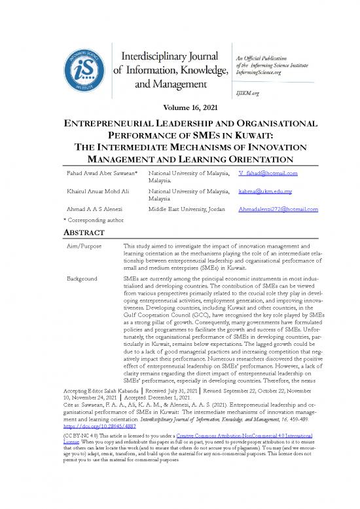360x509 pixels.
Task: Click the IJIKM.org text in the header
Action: (x=246, y=93)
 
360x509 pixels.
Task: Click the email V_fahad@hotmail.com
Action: (x=268, y=173)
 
